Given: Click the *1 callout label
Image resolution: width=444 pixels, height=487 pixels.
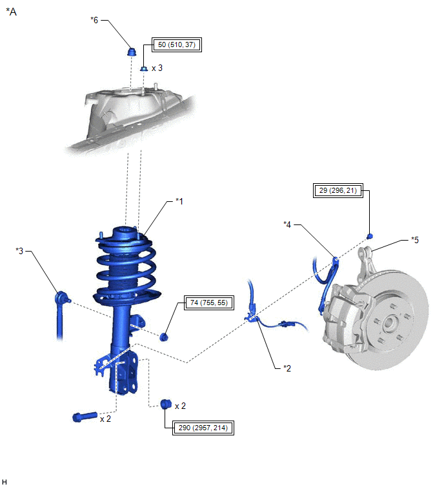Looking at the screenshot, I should coord(179,201).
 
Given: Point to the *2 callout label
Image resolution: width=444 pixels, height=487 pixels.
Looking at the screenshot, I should coord(287,368).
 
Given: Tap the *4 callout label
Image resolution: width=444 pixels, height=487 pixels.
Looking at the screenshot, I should coord(288,224).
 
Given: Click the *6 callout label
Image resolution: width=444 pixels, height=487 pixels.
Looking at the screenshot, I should coord(95,20).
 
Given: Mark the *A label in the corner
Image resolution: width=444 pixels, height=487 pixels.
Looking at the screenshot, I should coord(11,11).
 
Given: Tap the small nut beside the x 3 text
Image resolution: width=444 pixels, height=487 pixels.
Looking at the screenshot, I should coord(143,68).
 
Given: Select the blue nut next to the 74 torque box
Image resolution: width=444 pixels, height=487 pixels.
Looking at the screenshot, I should coord(165,335).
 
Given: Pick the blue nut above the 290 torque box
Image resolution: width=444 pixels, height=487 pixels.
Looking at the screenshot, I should coord(165,404).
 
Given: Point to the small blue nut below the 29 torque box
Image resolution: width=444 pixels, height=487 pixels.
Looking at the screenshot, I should coord(369,235).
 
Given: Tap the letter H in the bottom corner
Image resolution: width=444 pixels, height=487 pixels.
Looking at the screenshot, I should coord(5,481).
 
